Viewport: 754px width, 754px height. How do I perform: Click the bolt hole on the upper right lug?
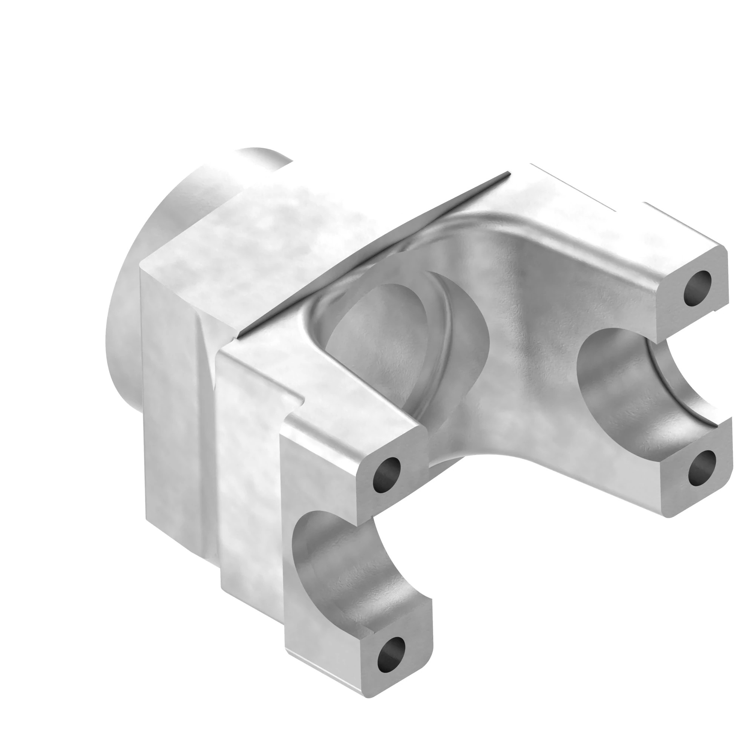(697, 289)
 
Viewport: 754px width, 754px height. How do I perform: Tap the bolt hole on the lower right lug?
(702, 468)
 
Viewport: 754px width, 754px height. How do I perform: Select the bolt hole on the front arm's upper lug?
(387, 475)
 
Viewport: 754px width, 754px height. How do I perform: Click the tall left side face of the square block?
(172, 410)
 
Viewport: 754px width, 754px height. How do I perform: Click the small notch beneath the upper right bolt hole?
(717, 311)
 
